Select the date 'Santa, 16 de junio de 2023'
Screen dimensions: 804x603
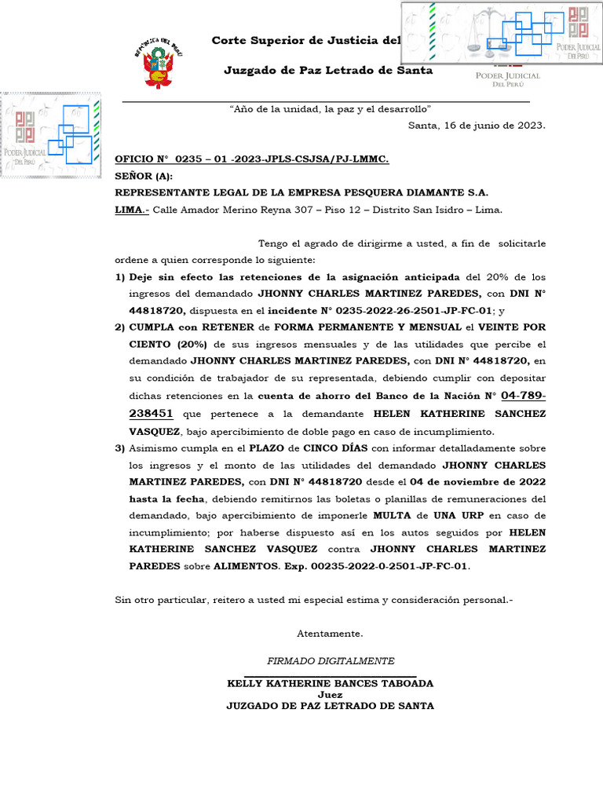pos(477,125)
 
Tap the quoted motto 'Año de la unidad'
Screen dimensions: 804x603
pos(330,108)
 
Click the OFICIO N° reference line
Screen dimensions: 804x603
pos(252,159)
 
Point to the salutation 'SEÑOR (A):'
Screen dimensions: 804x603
pos(144,176)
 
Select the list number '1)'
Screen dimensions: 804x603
pos(120,277)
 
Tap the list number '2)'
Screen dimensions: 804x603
pos(120,327)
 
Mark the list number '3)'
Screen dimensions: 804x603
pos(120,448)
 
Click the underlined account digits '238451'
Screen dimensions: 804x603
pos(151,413)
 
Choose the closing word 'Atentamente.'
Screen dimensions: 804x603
pos(330,633)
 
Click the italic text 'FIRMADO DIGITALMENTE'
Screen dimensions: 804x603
pos(331,661)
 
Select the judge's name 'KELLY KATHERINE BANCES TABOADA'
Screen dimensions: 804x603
pos(330,683)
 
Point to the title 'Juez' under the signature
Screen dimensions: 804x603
pos(330,694)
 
